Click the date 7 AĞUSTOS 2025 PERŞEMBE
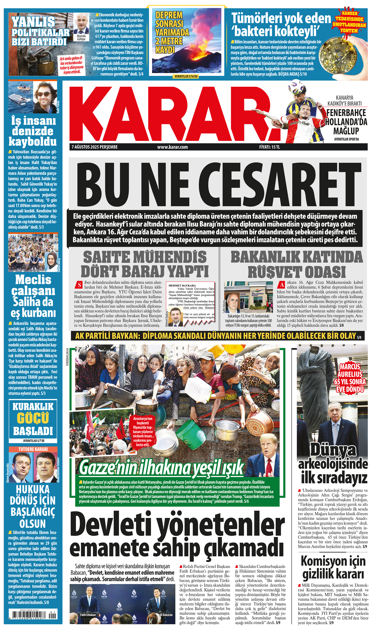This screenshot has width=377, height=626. [95, 147]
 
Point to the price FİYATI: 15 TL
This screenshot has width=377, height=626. [269, 147]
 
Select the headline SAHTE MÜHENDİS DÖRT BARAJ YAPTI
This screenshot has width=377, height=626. [145, 264]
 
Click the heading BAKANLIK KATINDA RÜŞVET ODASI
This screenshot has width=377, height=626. [297, 264]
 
